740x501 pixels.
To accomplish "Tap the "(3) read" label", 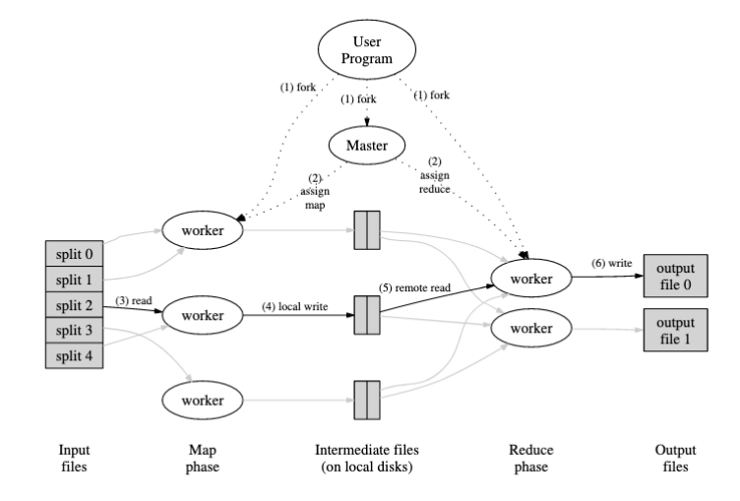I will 135,298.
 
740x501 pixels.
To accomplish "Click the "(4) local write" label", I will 295,305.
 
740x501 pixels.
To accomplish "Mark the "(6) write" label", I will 612,265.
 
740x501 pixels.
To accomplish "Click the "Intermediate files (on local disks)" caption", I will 366,455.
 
